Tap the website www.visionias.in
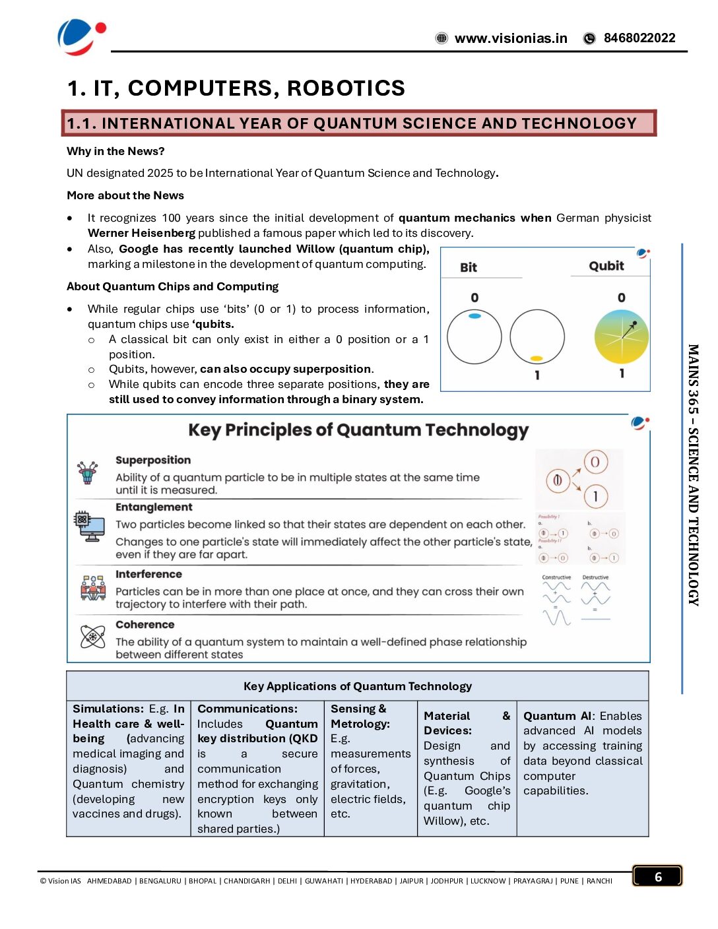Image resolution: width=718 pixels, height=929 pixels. point(510,38)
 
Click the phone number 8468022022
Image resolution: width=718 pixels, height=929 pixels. point(639,38)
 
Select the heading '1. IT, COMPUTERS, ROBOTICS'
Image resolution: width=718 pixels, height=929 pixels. point(236,88)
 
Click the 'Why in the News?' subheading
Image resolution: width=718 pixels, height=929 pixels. point(115,151)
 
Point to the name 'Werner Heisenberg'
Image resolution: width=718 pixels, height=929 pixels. point(141,233)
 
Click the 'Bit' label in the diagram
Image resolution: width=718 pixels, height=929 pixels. point(469,267)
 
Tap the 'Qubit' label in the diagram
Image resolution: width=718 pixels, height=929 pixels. point(606,266)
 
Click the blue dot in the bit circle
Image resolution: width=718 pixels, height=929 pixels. point(474,317)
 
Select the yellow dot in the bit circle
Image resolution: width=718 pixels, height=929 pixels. point(537,359)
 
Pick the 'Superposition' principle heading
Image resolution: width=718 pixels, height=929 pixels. point(153,460)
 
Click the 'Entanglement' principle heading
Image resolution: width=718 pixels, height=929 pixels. point(154,507)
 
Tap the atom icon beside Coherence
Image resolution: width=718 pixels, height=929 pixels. point(92,637)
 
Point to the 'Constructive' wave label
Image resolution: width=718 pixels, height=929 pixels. point(556,577)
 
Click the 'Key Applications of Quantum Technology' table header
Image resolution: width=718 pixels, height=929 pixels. point(358,686)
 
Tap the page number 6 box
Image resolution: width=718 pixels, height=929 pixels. point(657,876)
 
